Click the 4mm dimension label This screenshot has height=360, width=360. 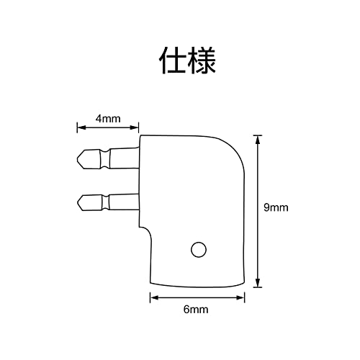(x=108, y=119)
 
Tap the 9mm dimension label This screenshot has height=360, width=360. (x=276, y=207)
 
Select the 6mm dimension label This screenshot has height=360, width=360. (x=196, y=310)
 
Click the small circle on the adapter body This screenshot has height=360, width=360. (x=199, y=250)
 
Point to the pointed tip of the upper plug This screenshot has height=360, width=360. (x=78, y=159)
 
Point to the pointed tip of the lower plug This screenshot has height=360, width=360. (x=78, y=203)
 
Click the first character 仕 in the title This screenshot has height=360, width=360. (x=173, y=60)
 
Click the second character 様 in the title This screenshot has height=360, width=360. (x=202, y=60)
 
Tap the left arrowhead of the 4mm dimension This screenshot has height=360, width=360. (x=80, y=127)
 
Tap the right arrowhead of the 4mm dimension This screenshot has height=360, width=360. (x=135, y=127)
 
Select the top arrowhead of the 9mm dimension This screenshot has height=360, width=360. (x=258, y=139)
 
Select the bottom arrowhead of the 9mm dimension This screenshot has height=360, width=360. (x=258, y=284)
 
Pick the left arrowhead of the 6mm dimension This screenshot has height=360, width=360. (x=153, y=297)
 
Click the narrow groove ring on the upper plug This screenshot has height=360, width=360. (x=105, y=159)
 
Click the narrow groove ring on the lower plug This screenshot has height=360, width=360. (x=106, y=203)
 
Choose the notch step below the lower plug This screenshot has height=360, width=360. (x=145, y=230)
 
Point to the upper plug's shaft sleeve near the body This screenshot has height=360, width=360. (x=125, y=158)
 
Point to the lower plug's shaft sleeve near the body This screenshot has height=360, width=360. (x=124, y=202)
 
